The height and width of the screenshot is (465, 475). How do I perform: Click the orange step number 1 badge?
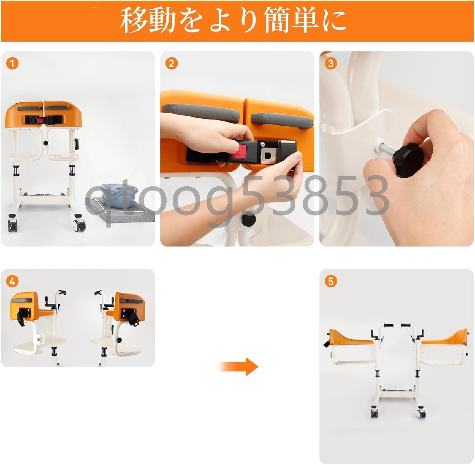(12, 64)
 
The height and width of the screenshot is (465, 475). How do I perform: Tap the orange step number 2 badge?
(171, 64)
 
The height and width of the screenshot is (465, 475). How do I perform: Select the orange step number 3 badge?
(331, 64)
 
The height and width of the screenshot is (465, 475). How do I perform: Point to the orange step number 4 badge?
(12, 281)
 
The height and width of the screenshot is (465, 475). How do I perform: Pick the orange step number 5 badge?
(331, 281)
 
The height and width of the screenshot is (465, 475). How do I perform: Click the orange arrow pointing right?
(239, 367)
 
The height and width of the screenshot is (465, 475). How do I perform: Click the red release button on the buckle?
(239, 151)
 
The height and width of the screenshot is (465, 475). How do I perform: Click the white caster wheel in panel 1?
(80, 225)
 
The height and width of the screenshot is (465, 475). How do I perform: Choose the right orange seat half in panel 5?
(444, 336)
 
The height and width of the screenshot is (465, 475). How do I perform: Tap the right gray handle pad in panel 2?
(281, 120)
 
